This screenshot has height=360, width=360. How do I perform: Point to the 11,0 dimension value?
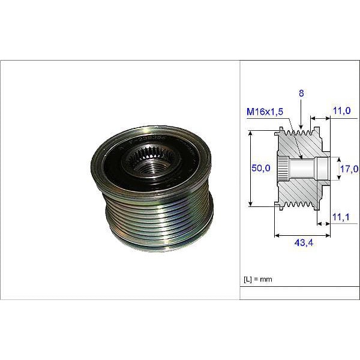point(341,110)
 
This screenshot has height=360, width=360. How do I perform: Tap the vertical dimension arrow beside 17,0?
point(335,169)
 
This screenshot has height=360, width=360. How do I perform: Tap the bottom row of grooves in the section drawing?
point(300,203)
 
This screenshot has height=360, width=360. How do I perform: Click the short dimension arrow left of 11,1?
point(323,224)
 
